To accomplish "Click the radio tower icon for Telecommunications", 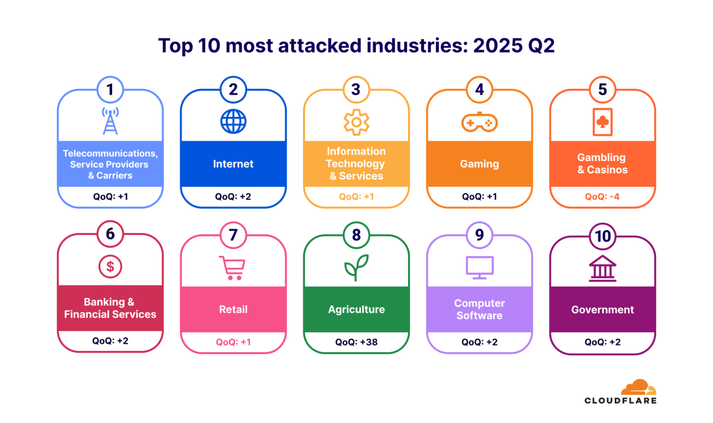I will (110, 121).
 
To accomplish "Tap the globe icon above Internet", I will (233, 121).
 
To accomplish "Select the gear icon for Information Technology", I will (356, 122).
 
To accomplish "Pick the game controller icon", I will (479, 123).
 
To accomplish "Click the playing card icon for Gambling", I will (602, 122).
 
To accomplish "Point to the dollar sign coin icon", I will (110, 267).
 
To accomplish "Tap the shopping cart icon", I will (233, 268).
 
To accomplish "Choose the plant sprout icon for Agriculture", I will (356, 267).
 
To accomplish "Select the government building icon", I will (602, 269).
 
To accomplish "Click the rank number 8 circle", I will (356, 235).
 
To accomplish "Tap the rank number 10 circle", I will (602, 236).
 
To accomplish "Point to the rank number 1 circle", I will (110, 90).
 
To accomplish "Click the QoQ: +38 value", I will (356, 342).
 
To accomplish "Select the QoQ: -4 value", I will (602, 196).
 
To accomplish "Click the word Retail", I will (233, 309).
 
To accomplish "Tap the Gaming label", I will (479, 164).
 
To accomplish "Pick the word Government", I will (602, 310).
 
